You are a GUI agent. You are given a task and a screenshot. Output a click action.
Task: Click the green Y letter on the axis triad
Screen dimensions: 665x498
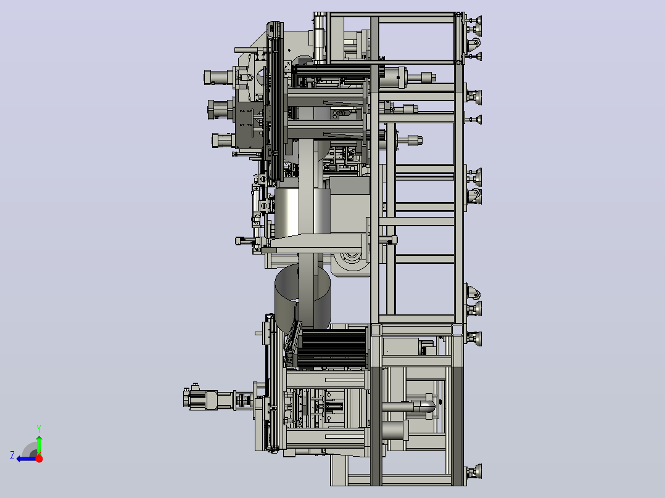point(39,428)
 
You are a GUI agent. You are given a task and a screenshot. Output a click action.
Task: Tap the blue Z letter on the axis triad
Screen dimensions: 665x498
point(12,455)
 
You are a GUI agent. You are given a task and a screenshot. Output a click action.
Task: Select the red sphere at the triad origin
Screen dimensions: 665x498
point(39,458)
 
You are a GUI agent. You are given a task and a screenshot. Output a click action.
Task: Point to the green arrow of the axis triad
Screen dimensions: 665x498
point(39,444)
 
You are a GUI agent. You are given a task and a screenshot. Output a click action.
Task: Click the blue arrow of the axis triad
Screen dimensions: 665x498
point(27,459)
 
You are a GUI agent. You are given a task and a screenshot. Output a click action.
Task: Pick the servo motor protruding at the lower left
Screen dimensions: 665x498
point(208,399)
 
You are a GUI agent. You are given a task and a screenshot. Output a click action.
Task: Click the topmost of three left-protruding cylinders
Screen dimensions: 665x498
point(218,78)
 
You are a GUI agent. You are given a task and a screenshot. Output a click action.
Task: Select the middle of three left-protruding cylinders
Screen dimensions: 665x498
point(220,109)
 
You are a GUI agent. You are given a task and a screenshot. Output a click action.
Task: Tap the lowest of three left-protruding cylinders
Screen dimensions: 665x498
point(223,140)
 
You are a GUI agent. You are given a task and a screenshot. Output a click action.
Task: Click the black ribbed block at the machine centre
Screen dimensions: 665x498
point(334,349)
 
